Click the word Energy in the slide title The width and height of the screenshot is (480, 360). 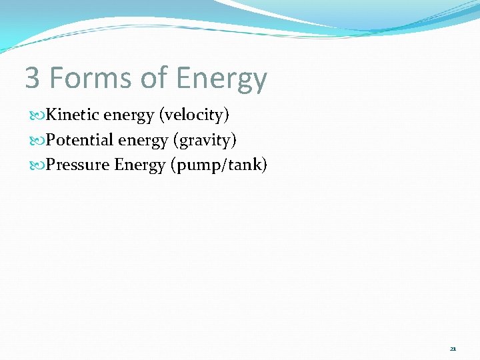tap(221, 79)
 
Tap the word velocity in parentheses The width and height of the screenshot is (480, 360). tap(193, 115)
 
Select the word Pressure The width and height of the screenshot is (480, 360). tap(77, 165)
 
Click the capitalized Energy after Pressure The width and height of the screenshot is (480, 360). tap(140, 165)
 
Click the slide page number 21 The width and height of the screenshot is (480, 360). tap(453, 349)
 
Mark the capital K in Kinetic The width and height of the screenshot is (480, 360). tap(51, 115)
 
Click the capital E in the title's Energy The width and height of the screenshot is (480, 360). tap(185, 78)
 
